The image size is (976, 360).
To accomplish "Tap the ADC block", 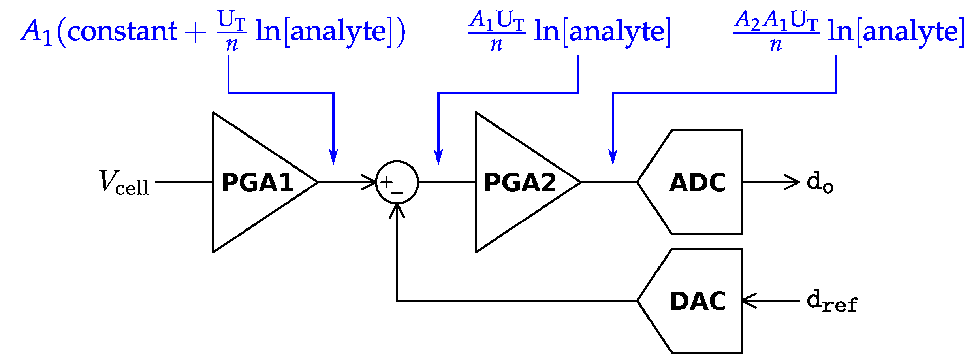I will (697, 182).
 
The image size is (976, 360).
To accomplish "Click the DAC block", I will (697, 301).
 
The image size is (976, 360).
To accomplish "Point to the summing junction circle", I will (397, 182).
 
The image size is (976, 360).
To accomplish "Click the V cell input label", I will (124, 183).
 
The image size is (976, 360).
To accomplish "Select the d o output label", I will (820, 182).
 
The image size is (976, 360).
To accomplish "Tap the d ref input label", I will (831, 302).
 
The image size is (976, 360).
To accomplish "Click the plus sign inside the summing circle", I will (386, 182).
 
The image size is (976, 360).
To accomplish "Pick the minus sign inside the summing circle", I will (397, 192).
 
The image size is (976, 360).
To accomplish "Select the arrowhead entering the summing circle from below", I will (397, 211).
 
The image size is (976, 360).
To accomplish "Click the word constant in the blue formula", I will (122, 32).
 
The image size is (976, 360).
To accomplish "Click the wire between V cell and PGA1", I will (184, 182).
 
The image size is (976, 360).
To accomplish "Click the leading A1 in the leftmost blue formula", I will (36, 32).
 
